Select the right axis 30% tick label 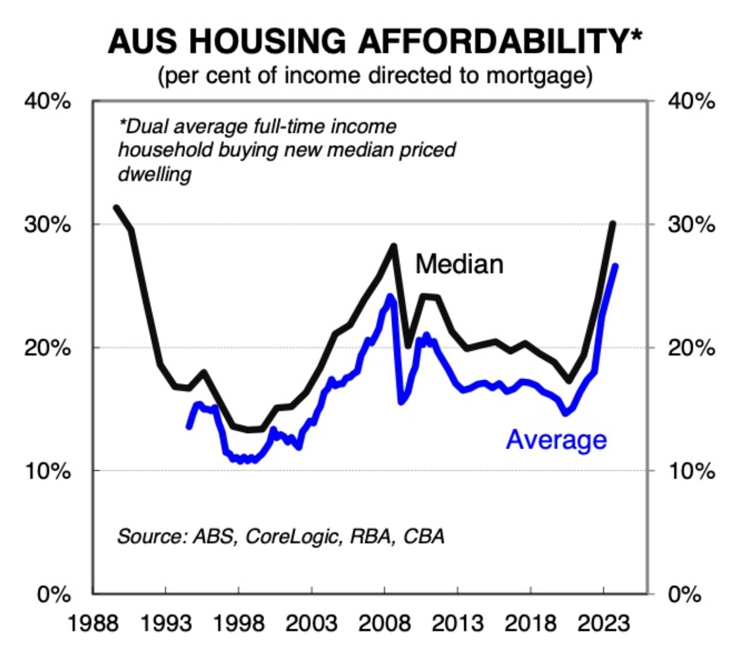(x=692, y=224)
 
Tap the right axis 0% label (x=685, y=595)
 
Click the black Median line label (x=459, y=264)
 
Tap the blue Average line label (x=556, y=440)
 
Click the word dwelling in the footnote (x=154, y=174)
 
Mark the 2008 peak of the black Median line (x=394, y=246)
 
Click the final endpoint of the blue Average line (x=615, y=266)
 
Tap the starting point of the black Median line (x=116, y=207)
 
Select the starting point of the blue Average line (x=189, y=427)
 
